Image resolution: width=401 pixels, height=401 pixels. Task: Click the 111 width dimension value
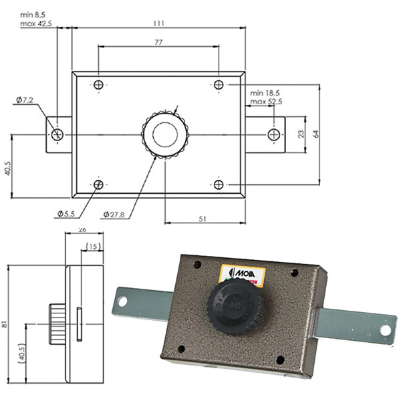tap(158, 23)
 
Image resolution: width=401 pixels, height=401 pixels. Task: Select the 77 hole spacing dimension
tap(158, 41)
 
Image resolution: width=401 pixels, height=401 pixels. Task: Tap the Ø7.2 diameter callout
tap(24, 100)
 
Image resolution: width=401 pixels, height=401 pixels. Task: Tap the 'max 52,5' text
tap(266, 102)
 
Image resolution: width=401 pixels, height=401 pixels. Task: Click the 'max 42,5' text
tap(37, 23)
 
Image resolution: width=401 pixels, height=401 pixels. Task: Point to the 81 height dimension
tap(5, 324)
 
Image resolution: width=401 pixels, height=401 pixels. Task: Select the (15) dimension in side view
tap(92, 247)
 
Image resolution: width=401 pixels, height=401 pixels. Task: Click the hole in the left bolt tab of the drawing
tap(57, 135)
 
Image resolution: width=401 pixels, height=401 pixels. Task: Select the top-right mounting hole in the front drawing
tap(219, 85)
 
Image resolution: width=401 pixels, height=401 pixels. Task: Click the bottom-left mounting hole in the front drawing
tap(98, 184)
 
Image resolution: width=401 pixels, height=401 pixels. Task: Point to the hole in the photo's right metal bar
tap(385, 330)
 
